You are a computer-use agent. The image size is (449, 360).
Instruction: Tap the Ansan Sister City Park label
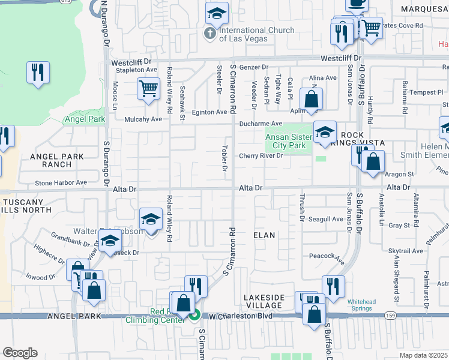289,141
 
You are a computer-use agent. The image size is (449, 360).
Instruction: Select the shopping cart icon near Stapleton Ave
148,89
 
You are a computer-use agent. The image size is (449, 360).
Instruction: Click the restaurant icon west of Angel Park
38,73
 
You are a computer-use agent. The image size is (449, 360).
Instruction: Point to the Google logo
20,353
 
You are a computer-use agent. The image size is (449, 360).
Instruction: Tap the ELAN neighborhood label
264,235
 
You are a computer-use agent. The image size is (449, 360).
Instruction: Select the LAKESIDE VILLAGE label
264,301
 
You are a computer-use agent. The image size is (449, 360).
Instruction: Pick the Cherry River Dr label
261,156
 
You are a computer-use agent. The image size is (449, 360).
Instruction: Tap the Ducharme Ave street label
261,124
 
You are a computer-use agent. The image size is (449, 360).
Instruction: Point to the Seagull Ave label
325,220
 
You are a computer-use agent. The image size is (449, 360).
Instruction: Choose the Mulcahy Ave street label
143,119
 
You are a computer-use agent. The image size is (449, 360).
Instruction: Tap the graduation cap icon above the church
217,12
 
